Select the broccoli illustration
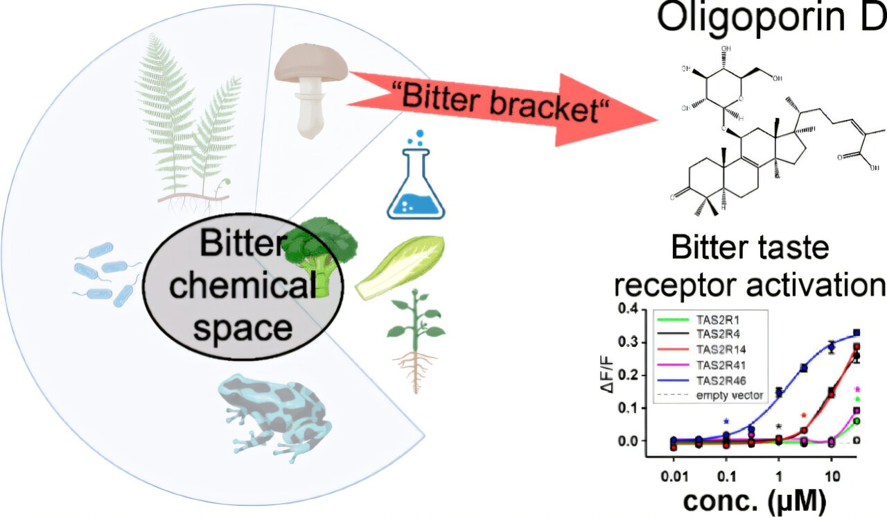[319, 251]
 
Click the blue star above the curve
[726, 421]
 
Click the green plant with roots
[414, 341]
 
